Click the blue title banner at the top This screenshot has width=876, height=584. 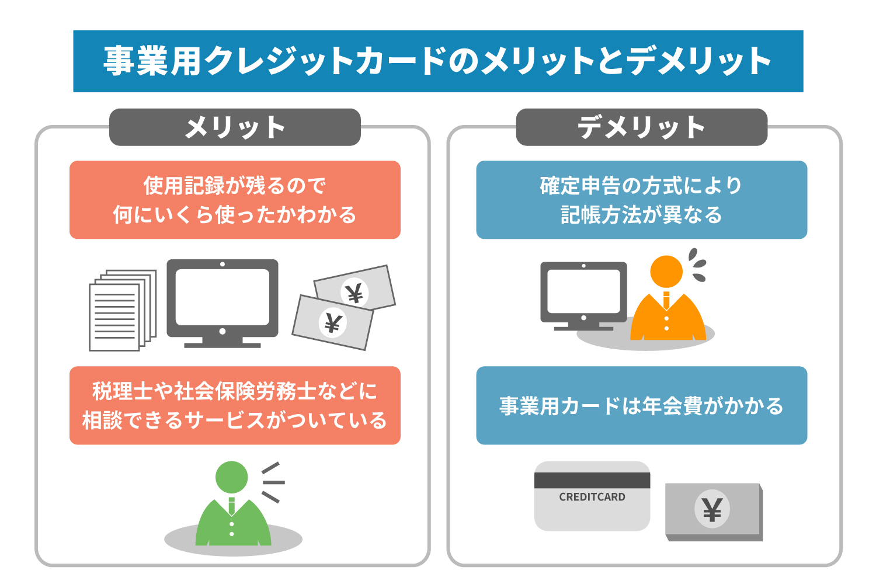[438, 61]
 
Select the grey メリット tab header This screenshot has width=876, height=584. [235, 127]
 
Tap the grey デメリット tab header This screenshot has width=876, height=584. [642, 127]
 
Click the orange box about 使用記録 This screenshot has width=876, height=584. [235, 200]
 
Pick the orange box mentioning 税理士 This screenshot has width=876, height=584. [235, 405]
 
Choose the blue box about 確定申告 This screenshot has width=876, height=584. [642, 200]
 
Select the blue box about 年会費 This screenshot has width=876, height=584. [642, 405]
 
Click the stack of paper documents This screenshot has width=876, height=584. [123, 310]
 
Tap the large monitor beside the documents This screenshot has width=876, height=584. [223, 304]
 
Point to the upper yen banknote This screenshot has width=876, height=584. [355, 287]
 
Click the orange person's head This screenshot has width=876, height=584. [666, 272]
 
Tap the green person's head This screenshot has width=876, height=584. [231, 477]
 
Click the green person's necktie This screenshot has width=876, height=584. [231, 506]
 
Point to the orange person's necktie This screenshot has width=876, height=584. [666, 300]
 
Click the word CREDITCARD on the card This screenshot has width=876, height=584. [592, 497]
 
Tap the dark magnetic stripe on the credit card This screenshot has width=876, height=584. [592, 481]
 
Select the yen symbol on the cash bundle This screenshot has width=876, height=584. [712, 509]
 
